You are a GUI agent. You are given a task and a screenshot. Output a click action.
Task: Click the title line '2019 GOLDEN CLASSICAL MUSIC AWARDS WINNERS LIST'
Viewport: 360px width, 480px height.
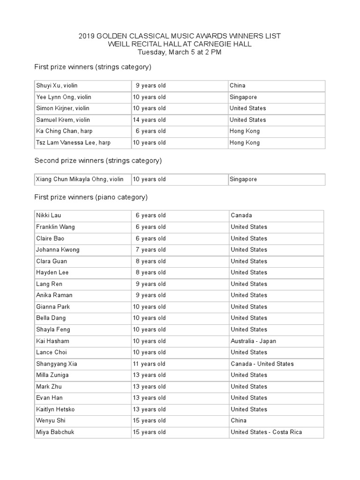(180, 36)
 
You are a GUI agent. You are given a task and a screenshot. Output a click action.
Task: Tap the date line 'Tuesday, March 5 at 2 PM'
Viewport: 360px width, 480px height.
(180, 52)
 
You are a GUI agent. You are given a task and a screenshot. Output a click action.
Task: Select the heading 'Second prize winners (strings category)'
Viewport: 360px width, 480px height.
(98, 160)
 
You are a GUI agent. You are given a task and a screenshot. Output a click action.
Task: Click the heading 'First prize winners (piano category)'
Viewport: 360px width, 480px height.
(91, 197)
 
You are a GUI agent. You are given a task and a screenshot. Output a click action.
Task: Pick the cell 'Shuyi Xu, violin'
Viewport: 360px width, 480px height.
(57, 86)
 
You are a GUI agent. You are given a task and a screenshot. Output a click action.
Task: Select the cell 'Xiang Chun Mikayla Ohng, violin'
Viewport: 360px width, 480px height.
(80, 180)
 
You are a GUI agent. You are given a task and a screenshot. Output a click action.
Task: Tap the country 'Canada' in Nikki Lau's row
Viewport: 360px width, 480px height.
(241, 216)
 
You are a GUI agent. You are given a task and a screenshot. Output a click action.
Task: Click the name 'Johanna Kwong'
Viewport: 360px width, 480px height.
(58, 250)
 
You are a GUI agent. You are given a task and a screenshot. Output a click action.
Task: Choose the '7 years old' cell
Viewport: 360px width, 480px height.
(150, 250)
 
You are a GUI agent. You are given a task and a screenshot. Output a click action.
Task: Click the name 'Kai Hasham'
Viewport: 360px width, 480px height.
(52, 341)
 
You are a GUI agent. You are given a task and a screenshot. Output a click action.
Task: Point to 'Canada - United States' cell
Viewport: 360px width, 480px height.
(262, 364)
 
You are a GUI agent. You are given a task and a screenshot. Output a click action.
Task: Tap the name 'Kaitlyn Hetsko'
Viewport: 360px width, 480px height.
(55, 410)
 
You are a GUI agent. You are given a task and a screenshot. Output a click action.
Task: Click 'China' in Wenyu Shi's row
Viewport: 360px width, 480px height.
(239, 421)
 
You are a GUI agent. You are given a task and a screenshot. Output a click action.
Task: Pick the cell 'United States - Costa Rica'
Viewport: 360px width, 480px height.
(266, 432)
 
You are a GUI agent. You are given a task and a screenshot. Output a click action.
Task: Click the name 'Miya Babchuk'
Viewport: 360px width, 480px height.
(55, 432)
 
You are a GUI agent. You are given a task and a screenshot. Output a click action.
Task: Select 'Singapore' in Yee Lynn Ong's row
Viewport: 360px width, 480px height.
(243, 97)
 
